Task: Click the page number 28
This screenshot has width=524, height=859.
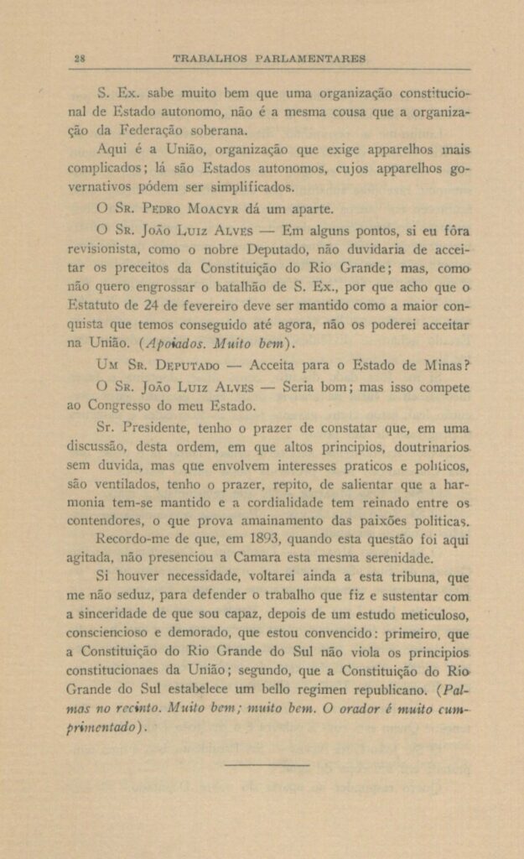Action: point(80,59)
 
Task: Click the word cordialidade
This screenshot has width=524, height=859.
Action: point(280,502)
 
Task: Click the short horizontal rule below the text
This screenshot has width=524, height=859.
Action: point(267,764)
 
